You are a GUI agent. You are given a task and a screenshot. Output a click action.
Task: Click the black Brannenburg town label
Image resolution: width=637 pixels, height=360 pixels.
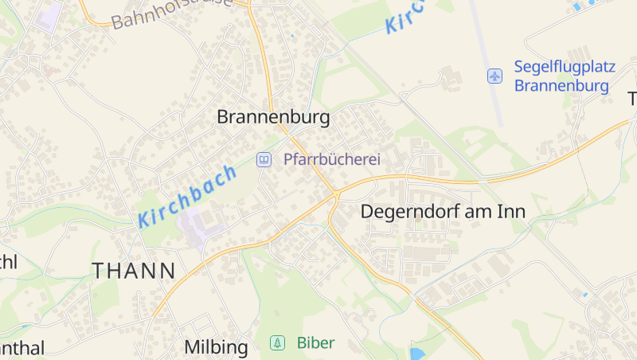click(x=273, y=117)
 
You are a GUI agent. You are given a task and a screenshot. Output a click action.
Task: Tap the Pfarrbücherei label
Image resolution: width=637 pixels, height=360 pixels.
click(x=331, y=159)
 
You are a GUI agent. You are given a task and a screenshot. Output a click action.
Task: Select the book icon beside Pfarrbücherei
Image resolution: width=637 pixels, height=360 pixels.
click(x=263, y=159)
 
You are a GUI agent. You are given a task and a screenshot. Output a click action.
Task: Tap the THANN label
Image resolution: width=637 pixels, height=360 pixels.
click(x=134, y=271)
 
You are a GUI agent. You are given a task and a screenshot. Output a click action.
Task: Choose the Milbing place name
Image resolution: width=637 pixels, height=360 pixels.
click(x=216, y=347)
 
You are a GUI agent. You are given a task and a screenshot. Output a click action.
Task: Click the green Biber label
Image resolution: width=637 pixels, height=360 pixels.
click(x=315, y=343)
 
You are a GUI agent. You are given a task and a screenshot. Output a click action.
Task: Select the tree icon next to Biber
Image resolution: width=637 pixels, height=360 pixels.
click(x=277, y=343)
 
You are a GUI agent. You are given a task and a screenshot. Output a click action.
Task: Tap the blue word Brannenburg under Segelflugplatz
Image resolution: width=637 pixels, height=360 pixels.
click(x=561, y=85)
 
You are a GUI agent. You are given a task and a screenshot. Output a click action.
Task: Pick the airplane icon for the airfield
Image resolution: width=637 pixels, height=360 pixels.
click(x=495, y=76)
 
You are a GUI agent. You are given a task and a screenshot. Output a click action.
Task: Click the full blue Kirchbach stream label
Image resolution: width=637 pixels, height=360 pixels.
click(x=188, y=196)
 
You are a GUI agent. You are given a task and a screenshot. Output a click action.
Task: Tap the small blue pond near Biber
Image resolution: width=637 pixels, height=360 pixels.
click(x=417, y=353)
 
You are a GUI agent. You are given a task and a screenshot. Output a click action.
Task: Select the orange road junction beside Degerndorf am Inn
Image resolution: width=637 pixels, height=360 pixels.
click(x=337, y=194)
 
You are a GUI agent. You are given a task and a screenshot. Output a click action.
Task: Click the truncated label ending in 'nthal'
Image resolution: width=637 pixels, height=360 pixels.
click(x=21, y=348)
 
